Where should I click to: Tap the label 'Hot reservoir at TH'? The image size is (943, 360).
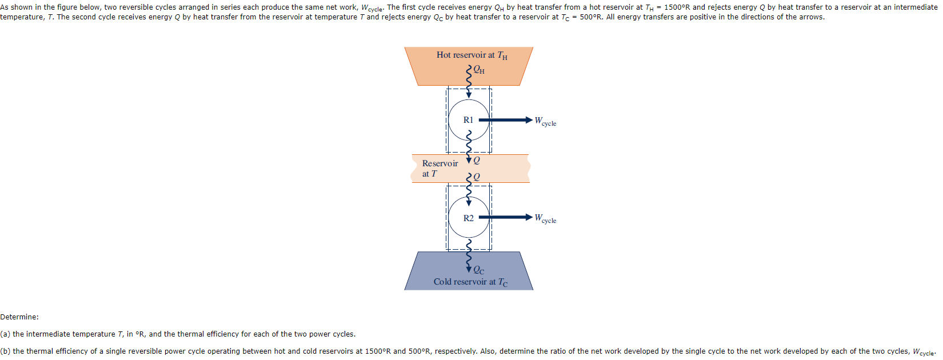click(471, 55)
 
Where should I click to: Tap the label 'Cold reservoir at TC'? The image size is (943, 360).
click(470, 282)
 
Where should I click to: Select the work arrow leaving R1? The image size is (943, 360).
click(505, 120)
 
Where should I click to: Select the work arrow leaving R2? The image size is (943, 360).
click(505, 217)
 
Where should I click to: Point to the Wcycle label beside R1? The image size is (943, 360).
click(545, 121)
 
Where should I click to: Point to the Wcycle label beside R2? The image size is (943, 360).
click(545, 218)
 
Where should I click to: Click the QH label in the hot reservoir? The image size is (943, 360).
click(479, 70)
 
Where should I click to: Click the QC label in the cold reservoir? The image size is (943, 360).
click(479, 270)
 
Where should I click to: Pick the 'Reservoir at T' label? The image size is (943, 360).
click(439, 168)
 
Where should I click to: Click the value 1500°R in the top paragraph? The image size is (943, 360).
click(677, 7)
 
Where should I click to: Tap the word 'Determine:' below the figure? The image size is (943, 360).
click(19, 317)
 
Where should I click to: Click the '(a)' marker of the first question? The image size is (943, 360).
click(5, 334)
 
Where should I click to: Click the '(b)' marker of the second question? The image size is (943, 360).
click(5, 351)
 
